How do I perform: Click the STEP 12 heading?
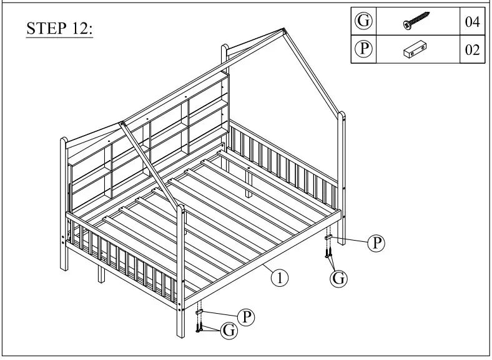click(x=59, y=29)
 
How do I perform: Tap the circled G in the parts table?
click(x=363, y=21)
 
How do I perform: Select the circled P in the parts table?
click(x=363, y=50)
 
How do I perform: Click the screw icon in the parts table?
click(x=416, y=22)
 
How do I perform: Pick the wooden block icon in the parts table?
click(x=416, y=50)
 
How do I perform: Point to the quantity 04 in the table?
click(x=472, y=22)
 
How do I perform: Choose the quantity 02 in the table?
click(x=472, y=51)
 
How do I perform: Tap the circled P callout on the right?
click(x=376, y=243)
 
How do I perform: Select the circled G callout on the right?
click(x=338, y=279)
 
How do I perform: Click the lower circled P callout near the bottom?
click(x=247, y=317)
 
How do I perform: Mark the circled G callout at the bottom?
click(x=230, y=331)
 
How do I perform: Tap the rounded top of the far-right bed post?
click(x=341, y=115)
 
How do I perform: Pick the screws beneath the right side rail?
click(x=327, y=253)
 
